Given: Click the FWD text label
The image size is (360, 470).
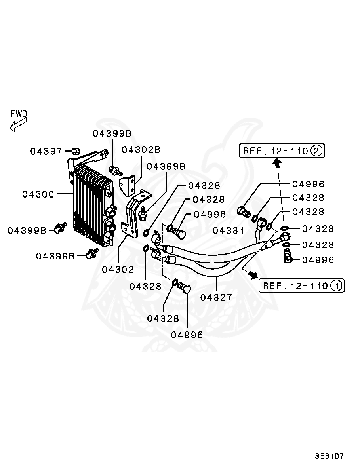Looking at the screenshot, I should point(19,114).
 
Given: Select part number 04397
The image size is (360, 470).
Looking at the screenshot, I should point(46,151).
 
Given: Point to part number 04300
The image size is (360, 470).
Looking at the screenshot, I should point(38,194).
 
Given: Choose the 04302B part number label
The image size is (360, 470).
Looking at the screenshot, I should point(141,150).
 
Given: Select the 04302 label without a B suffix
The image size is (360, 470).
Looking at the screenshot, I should point(118,269).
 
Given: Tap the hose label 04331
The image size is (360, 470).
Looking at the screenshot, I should point(229,230).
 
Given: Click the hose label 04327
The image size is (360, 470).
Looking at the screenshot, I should point(216,297).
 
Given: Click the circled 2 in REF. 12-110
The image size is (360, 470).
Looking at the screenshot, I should point(316,150).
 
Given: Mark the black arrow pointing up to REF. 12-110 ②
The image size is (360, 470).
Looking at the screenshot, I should point(278,162).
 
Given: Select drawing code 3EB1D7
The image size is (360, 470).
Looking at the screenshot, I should point(330,456).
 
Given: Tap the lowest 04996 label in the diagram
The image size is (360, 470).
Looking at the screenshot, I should point(187,335).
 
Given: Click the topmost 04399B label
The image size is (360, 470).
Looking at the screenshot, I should point(112,133).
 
